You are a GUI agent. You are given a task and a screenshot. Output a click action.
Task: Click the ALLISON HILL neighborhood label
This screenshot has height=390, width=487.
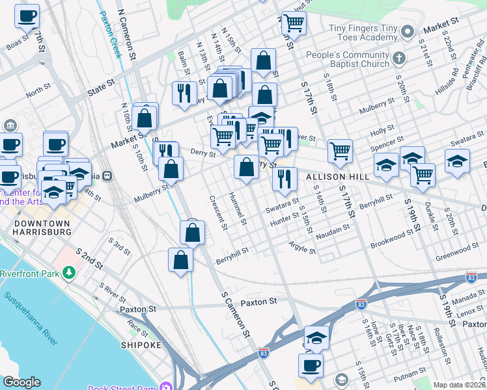[x=329, y=177]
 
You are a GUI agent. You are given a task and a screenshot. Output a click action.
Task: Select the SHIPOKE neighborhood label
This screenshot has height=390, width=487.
[x=140, y=345]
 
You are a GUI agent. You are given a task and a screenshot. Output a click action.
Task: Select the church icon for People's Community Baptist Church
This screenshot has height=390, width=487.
[x=399, y=58]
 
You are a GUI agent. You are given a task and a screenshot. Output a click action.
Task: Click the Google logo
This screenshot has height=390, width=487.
[x=21, y=382]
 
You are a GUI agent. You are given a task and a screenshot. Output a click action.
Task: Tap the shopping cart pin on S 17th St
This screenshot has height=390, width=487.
[x=340, y=151]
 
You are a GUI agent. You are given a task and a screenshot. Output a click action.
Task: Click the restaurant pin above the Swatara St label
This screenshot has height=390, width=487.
[x=285, y=178]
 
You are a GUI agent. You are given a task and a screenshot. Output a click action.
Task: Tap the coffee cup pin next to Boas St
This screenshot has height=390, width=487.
[x=27, y=16]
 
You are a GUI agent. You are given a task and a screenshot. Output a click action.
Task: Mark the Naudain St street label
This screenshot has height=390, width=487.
[x=333, y=232]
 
